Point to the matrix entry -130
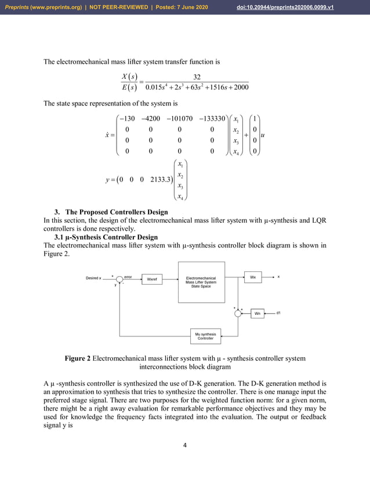[x=126, y=118]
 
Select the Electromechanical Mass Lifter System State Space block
[x=201, y=282]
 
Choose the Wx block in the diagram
[x=253, y=277]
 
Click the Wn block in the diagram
[x=257, y=313]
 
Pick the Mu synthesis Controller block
[x=205, y=336]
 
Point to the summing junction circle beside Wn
[x=238, y=313]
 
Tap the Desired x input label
[x=93, y=278]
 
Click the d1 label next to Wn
[x=278, y=313]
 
